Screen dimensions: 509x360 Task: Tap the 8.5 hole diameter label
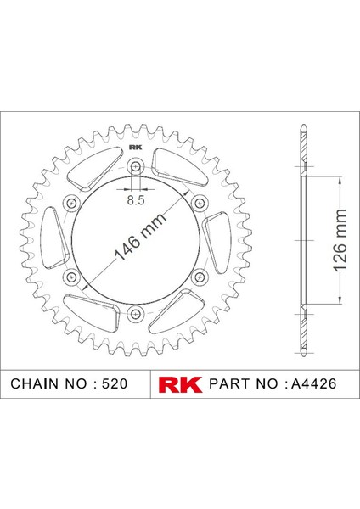(x=135, y=200)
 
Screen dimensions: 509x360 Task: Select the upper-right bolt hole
(x=200, y=203)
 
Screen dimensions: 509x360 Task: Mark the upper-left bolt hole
(x=70, y=203)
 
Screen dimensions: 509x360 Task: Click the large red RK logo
(x=179, y=383)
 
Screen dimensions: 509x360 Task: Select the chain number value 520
(x=112, y=383)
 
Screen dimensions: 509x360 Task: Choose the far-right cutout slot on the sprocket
(x=217, y=241)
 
